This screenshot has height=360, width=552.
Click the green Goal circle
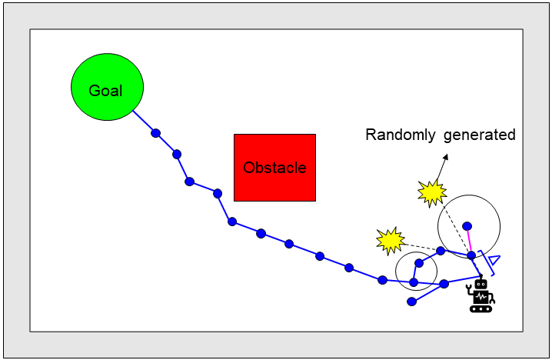pyautogui.click(x=108, y=87)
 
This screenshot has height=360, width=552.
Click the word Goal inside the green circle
pyautogui.click(x=105, y=91)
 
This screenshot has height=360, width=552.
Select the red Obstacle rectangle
pyautogui.click(x=275, y=168)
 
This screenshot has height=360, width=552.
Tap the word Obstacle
pyautogui.click(x=274, y=168)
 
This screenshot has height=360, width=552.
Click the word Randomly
pyautogui.click(x=401, y=135)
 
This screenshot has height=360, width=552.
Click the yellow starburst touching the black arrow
pyautogui.click(x=432, y=193)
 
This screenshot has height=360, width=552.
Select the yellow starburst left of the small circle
pyautogui.click(x=391, y=241)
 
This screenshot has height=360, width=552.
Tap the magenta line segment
pyautogui.click(x=469, y=241)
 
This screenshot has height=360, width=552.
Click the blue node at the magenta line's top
pyautogui.click(x=467, y=226)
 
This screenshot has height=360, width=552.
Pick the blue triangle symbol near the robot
pyautogui.click(x=494, y=260)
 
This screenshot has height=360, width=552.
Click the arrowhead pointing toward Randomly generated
pyautogui.click(x=446, y=157)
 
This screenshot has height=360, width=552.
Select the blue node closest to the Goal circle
pyautogui.click(x=155, y=133)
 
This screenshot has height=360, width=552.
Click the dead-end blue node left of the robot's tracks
pyautogui.click(x=412, y=302)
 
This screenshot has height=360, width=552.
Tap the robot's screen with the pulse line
pyautogui.click(x=481, y=297)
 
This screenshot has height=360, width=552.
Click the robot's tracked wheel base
pyautogui.click(x=481, y=309)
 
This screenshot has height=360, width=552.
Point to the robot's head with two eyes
pyautogui.click(x=481, y=284)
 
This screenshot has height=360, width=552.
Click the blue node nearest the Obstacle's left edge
pyautogui.click(x=218, y=193)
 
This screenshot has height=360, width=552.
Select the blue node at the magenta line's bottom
pyautogui.click(x=471, y=255)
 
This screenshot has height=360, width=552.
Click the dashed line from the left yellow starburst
pyautogui.click(x=421, y=247)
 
